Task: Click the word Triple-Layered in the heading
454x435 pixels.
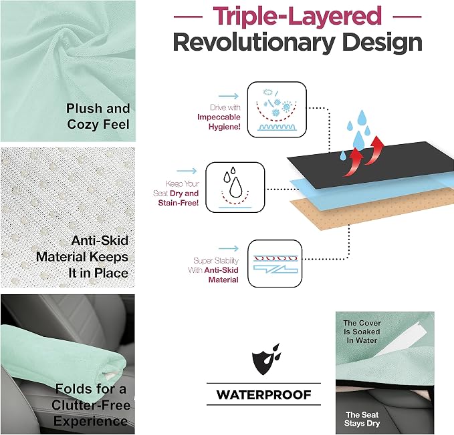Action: (298, 16)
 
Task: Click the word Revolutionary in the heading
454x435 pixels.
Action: (254, 43)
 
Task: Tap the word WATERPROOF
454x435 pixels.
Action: (263, 394)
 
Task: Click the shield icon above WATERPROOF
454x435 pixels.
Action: (266, 359)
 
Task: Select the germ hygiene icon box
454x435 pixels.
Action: (277, 109)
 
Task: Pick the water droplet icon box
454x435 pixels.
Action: (235, 187)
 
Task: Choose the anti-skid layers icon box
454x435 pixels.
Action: (275, 264)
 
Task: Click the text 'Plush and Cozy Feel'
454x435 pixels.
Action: (98, 116)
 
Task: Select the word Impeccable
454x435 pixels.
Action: (219, 117)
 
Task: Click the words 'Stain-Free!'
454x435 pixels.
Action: (179, 203)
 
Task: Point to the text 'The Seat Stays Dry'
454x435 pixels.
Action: (362, 419)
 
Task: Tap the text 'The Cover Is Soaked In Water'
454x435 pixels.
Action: (362, 332)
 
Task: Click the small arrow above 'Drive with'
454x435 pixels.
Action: (229, 96)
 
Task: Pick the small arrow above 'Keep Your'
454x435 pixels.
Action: (187, 171)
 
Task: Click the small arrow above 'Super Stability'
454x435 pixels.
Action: (229, 248)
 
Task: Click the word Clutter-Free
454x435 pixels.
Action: (91, 405)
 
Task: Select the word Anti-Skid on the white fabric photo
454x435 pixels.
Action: (100, 241)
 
